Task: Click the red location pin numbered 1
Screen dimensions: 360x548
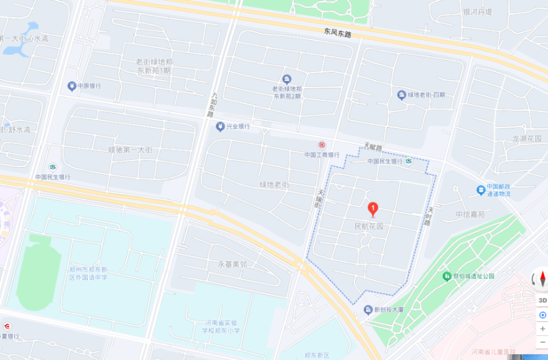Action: click(372, 209)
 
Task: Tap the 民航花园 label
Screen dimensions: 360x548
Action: click(369, 226)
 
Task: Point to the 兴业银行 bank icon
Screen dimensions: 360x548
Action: click(220, 126)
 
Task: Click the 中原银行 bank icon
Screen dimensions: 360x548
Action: click(71, 86)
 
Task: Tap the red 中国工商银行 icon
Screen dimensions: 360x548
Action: click(322, 145)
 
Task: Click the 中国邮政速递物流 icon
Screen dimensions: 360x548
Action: click(481, 190)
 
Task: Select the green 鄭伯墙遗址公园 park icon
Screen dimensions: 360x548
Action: click(447, 276)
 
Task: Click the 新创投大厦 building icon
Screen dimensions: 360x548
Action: click(368, 310)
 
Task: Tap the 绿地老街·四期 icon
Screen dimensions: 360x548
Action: click(402, 95)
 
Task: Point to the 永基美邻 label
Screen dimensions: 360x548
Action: click(233, 264)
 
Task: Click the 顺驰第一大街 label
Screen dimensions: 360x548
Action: click(130, 150)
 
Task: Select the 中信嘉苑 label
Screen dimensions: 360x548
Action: click(470, 215)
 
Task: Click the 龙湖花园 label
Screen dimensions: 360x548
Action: click(526, 139)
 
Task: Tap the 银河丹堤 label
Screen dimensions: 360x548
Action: click(478, 12)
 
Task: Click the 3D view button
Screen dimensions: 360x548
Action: click(542, 300)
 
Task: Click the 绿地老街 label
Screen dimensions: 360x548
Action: click(275, 184)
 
